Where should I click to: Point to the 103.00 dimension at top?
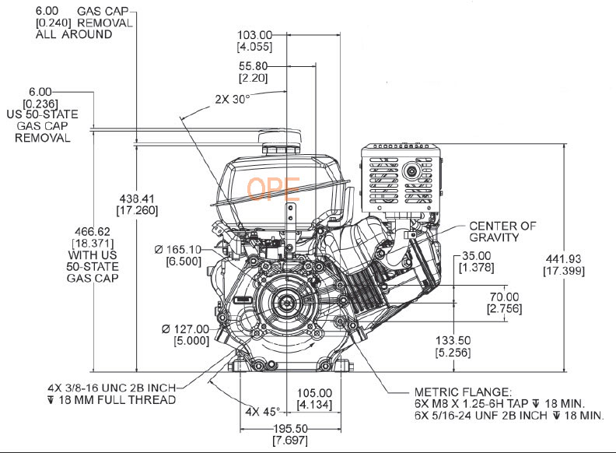coord(255,34)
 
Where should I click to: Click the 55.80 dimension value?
coord(255,67)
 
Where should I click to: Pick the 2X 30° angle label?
coord(231,99)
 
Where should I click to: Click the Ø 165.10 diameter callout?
coord(181,249)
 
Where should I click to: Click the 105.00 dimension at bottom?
coord(315,393)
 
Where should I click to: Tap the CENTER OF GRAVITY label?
coord(502,231)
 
